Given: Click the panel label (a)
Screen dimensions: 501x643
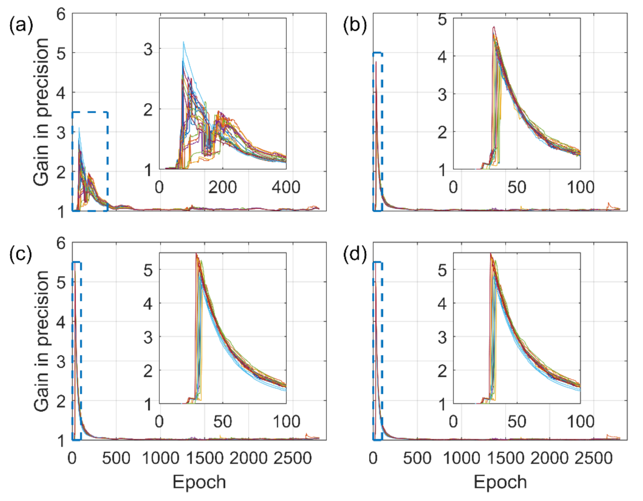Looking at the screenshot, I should click(x=21, y=25).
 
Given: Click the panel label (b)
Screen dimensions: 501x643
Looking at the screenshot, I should click(x=355, y=25).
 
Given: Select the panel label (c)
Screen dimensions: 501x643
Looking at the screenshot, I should click(x=21, y=255).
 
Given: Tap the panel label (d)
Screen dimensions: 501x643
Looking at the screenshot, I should click(x=355, y=255).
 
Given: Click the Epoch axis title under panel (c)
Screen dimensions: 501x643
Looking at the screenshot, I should click(x=199, y=482).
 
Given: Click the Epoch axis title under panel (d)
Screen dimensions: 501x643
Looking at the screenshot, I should click(x=500, y=482).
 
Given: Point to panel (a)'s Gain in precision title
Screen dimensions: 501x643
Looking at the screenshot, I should click(x=41, y=112).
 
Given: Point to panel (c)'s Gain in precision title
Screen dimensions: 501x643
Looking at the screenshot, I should click(x=41, y=341).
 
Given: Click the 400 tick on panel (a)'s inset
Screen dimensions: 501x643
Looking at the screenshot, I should click(x=286, y=187).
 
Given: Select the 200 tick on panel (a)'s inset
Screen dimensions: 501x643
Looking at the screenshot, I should click(x=222, y=187).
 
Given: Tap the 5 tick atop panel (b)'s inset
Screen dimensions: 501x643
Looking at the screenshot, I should click(x=442, y=20).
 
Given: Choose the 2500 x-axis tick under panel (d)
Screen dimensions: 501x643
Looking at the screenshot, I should click(x=593, y=458).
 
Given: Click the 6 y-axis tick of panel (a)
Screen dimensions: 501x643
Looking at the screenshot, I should click(x=61, y=14).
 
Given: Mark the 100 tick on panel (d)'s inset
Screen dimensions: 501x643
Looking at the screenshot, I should click(x=580, y=422).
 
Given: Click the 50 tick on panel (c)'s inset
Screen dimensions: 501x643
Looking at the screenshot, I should click(x=222, y=422).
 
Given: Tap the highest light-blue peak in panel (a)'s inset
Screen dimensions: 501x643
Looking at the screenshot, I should click(x=183, y=42).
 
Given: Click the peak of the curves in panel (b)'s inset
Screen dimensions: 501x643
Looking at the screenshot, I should click(x=494, y=27).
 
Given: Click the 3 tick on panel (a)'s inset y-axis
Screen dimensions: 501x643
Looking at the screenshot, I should click(x=148, y=49).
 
